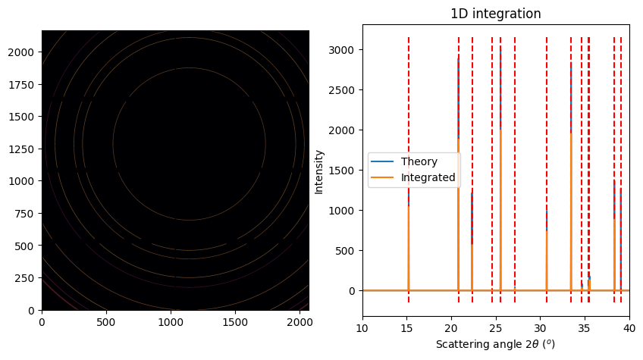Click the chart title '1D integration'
[x=495, y=14]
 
